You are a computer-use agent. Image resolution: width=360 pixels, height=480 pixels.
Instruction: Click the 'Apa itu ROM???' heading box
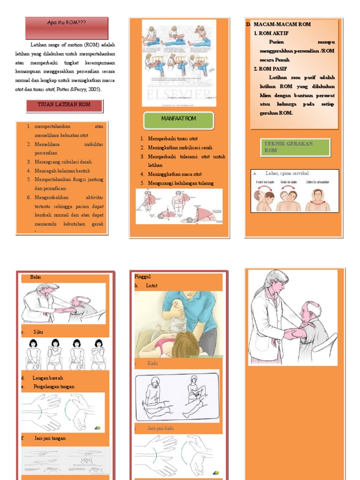click(67, 22)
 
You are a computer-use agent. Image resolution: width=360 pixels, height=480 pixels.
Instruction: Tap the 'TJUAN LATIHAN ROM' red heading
click(64, 105)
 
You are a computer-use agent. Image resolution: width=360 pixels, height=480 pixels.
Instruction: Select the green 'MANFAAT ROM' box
click(179, 119)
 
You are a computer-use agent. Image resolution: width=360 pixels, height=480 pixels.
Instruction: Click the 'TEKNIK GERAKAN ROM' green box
click(295, 147)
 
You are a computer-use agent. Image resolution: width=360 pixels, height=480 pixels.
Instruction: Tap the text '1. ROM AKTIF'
click(271, 33)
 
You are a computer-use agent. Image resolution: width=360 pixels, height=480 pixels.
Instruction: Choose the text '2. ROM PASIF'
click(271, 69)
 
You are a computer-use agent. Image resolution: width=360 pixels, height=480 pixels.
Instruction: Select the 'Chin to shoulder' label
click(317, 182)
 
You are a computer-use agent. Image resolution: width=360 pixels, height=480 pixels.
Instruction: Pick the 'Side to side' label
click(291, 182)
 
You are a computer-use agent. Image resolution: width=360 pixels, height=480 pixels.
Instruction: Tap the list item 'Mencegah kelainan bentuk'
click(61, 171)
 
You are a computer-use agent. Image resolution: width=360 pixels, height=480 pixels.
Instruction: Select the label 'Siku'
click(38, 332)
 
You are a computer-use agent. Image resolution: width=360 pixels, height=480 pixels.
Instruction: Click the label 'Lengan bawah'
click(48, 378)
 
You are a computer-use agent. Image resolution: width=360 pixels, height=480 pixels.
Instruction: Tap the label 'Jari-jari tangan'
click(50, 438)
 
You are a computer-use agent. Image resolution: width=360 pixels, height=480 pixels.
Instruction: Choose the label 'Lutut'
click(151, 285)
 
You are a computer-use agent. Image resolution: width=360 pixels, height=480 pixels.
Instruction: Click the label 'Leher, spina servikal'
click(287, 173)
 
